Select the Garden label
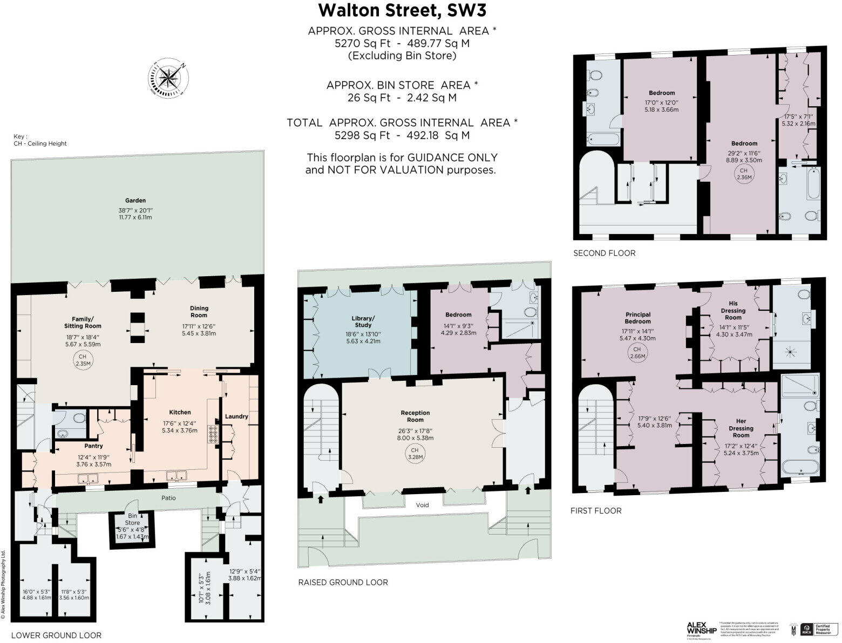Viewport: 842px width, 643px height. (135, 200)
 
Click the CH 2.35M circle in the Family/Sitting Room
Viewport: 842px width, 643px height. (82, 360)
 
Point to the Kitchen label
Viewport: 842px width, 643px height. (180, 412)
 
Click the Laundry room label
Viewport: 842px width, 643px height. (236, 416)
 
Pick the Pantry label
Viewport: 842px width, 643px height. (93, 446)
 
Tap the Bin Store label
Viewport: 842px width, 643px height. (132, 519)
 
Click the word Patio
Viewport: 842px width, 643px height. (168, 498)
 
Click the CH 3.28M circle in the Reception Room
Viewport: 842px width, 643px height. (415, 454)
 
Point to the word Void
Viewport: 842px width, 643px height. (422, 505)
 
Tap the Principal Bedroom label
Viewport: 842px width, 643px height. (638, 318)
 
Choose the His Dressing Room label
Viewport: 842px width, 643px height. (733, 311)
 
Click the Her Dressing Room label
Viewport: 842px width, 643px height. (741, 428)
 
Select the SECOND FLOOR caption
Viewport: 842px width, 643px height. (604, 253)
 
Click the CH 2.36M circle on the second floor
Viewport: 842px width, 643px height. (744, 174)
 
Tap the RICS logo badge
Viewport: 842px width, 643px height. (807, 629)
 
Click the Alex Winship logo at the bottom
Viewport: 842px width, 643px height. (701, 629)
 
